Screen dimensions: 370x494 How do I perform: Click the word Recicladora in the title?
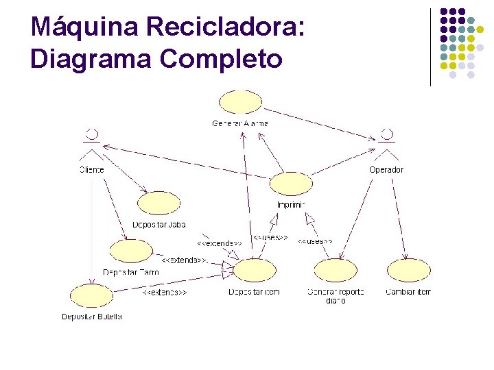tap(225, 27)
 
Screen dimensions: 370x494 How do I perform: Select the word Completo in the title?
tap(221, 59)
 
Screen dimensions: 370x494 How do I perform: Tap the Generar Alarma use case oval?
tap(240, 103)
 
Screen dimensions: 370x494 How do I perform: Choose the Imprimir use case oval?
tap(291, 184)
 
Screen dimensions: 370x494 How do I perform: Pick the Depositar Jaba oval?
tap(158, 203)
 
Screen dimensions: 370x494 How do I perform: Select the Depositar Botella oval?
tap(91, 296)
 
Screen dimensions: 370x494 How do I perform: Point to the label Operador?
tap(386, 169)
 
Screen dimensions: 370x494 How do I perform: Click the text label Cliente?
tap(91, 169)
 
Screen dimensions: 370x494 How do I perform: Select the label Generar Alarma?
tap(240, 123)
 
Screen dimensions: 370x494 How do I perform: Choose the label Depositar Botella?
tap(91, 317)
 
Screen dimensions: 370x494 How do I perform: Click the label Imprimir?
tap(291, 204)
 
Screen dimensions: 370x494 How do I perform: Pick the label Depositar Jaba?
tap(158, 225)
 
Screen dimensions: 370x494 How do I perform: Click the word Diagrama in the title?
tap(91, 59)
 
